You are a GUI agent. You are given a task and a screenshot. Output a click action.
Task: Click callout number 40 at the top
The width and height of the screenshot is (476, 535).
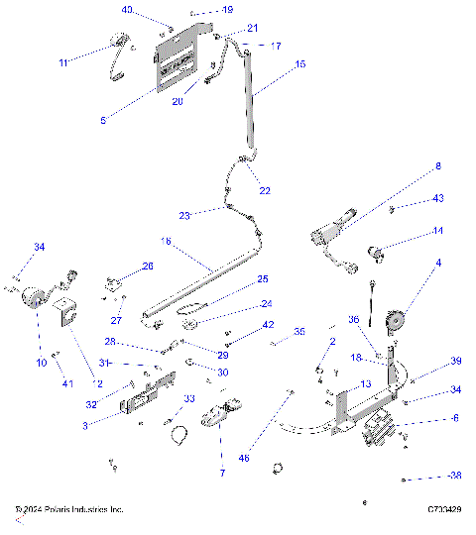click(x=127, y=9)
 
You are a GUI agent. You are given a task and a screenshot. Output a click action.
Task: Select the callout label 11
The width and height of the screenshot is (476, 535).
click(x=63, y=62)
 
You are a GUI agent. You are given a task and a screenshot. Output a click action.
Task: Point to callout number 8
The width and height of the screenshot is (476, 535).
click(x=437, y=165)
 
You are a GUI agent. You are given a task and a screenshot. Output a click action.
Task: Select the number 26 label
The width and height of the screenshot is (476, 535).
click(x=148, y=266)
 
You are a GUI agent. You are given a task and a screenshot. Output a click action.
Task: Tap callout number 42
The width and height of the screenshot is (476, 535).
click(x=268, y=325)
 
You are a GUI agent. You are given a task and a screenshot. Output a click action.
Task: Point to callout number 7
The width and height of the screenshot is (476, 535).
click(x=222, y=474)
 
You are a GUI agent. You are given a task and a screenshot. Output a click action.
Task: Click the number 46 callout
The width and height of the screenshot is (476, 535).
click(x=245, y=457)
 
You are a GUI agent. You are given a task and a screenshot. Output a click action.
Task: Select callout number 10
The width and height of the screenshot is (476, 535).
click(x=41, y=364)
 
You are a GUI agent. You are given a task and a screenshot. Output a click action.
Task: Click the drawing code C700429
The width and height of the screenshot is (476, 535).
click(x=442, y=510)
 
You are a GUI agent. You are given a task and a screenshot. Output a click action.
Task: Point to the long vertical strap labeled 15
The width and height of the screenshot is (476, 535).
click(x=252, y=99)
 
